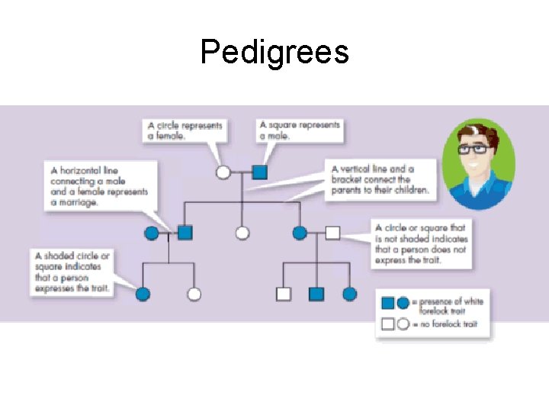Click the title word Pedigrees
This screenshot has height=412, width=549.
click(x=274, y=52)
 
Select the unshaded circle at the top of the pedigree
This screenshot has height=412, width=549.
click(x=223, y=172)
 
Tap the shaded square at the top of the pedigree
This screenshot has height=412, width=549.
click(x=259, y=172)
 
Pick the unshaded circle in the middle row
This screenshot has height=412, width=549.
click(x=242, y=233)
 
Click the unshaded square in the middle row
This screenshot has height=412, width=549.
click(x=332, y=233)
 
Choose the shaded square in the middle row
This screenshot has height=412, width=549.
click(x=185, y=233)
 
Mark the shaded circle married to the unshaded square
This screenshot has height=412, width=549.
click(x=300, y=233)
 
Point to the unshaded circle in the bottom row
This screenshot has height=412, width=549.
click(x=194, y=294)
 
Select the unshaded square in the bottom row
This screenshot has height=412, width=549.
click(x=284, y=294)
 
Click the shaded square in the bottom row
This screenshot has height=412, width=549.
click(x=316, y=294)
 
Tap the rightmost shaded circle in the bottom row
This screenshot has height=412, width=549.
click(x=349, y=294)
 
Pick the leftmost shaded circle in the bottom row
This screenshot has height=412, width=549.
click(x=143, y=294)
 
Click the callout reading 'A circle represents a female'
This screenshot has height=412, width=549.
click(x=185, y=130)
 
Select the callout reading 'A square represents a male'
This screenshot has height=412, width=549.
click(x=300, y=130)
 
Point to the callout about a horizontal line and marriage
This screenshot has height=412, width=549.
click(x=99, y=186)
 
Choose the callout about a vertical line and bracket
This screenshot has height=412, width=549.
click(x=381, y=179)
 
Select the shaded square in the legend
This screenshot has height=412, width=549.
click(x=388, y=303)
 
